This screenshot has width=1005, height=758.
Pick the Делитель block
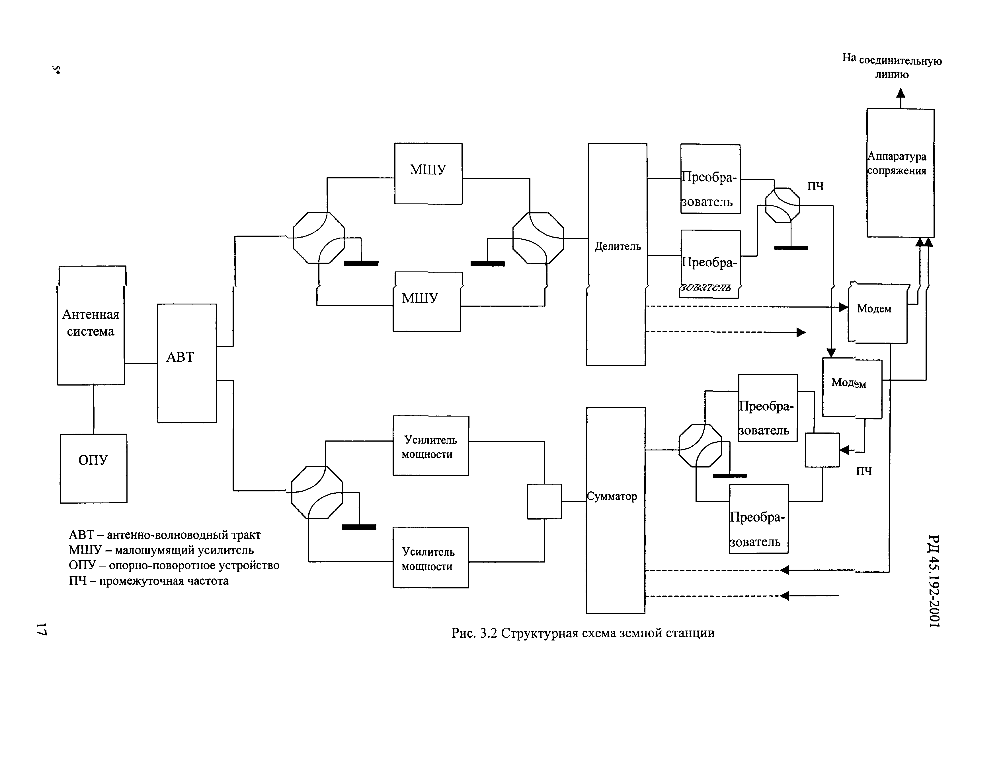[x=617, y=254]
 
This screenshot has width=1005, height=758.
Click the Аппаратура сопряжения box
[x=900, y=173]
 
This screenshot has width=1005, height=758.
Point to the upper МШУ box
[x=428, y=174]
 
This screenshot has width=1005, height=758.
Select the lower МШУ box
[x=426, y=302]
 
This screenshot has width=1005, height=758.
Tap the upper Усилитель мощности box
[x=430, y=446]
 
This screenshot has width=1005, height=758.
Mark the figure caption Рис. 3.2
[x=583, y=633]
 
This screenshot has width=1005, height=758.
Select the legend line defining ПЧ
[x=149, y=581]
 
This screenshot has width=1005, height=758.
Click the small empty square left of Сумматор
[x=544, y=501]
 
